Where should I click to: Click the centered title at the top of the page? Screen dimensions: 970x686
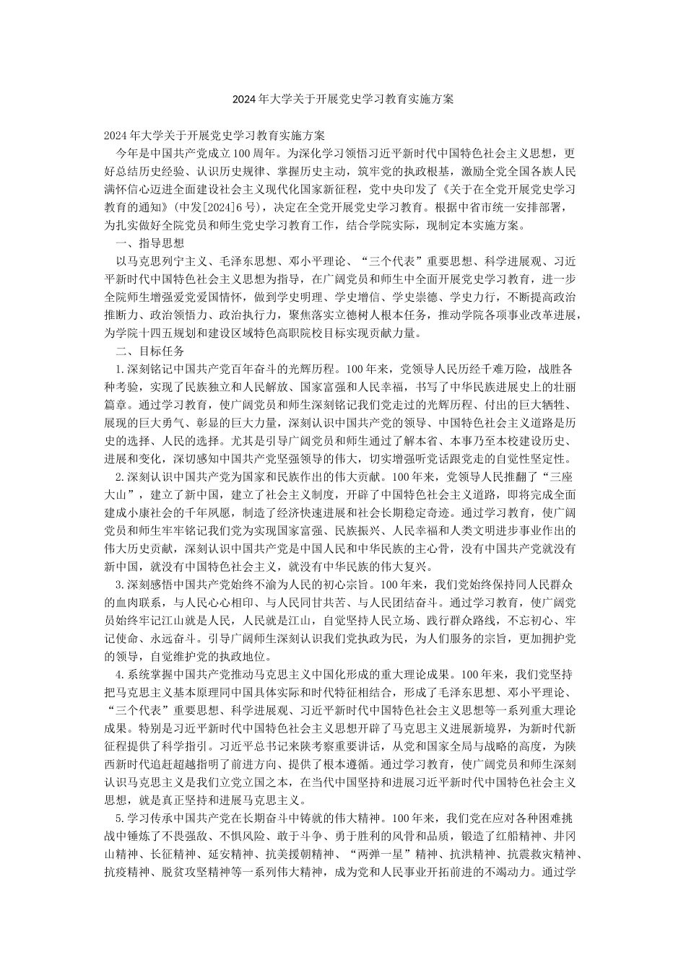point(343,99)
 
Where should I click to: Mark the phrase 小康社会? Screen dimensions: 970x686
point(151,513)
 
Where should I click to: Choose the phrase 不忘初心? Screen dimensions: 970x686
point(515,621)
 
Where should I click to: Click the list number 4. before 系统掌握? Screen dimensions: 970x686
point(121,676)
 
